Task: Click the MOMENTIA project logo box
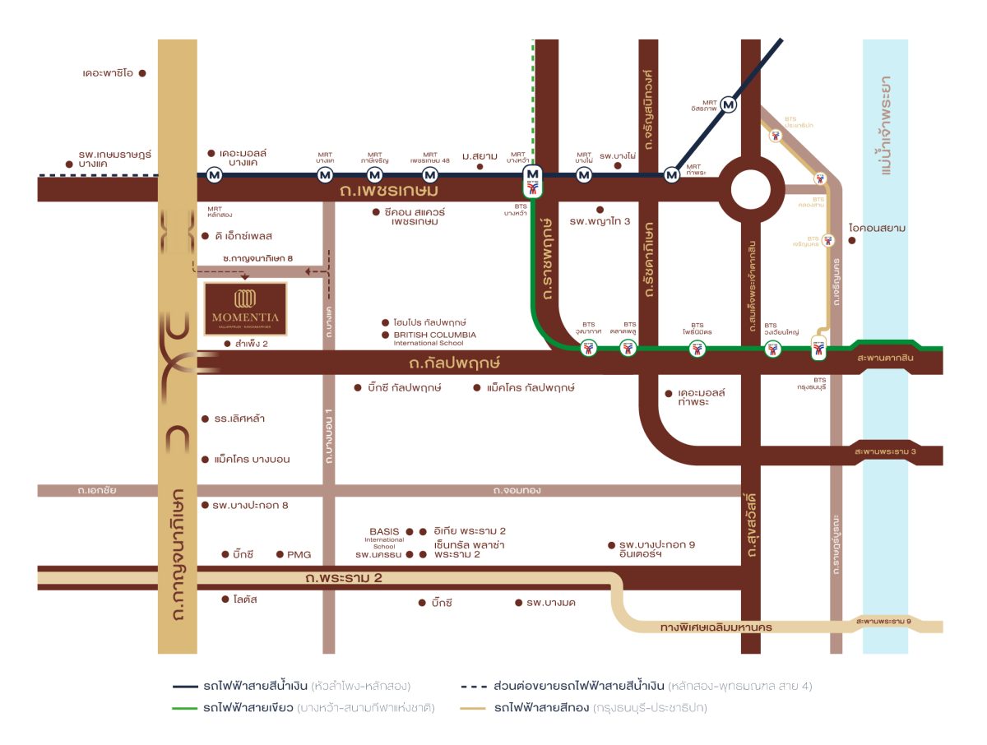pos(245,309)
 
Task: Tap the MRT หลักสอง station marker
pos(215,175)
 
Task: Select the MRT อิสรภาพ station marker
pos(729,105)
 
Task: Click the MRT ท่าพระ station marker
pos(672,175)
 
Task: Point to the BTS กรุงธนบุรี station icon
pos(818,349)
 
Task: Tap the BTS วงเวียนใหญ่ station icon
pos(772,349)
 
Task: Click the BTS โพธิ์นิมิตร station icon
pos(697,349)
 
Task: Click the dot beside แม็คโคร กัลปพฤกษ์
pos(477,387)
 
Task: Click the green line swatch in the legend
pos(197,707)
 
